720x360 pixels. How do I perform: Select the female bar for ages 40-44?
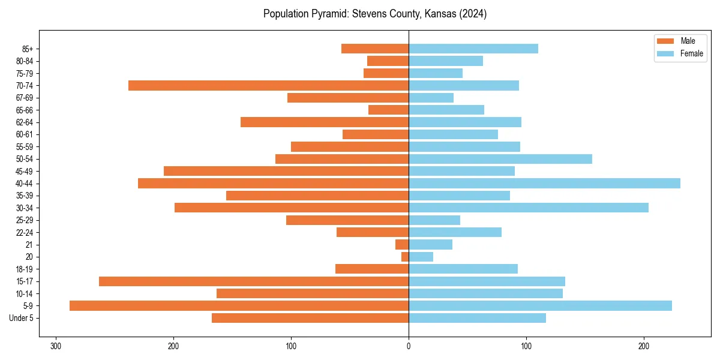point(544,183)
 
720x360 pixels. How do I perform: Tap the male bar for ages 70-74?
point(268,85)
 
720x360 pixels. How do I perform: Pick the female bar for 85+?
point(473,49)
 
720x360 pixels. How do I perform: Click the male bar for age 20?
point(405,257)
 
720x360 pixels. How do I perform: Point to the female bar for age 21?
point(430,244)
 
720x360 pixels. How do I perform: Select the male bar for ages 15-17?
point(254,281)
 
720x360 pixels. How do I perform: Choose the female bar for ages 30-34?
point(529,208)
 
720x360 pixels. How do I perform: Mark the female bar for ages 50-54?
point(500,159)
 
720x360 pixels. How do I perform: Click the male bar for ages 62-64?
point(325,122)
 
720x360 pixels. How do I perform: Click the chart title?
point(375,14)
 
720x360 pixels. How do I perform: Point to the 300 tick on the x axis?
point(56,346)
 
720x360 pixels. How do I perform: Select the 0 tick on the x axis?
point(409,346)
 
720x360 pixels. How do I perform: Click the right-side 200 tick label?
point(644,346)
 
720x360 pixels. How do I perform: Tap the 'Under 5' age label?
point(22,318)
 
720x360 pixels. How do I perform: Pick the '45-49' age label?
point(25,171)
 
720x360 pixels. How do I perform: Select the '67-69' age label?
point(25,98)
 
